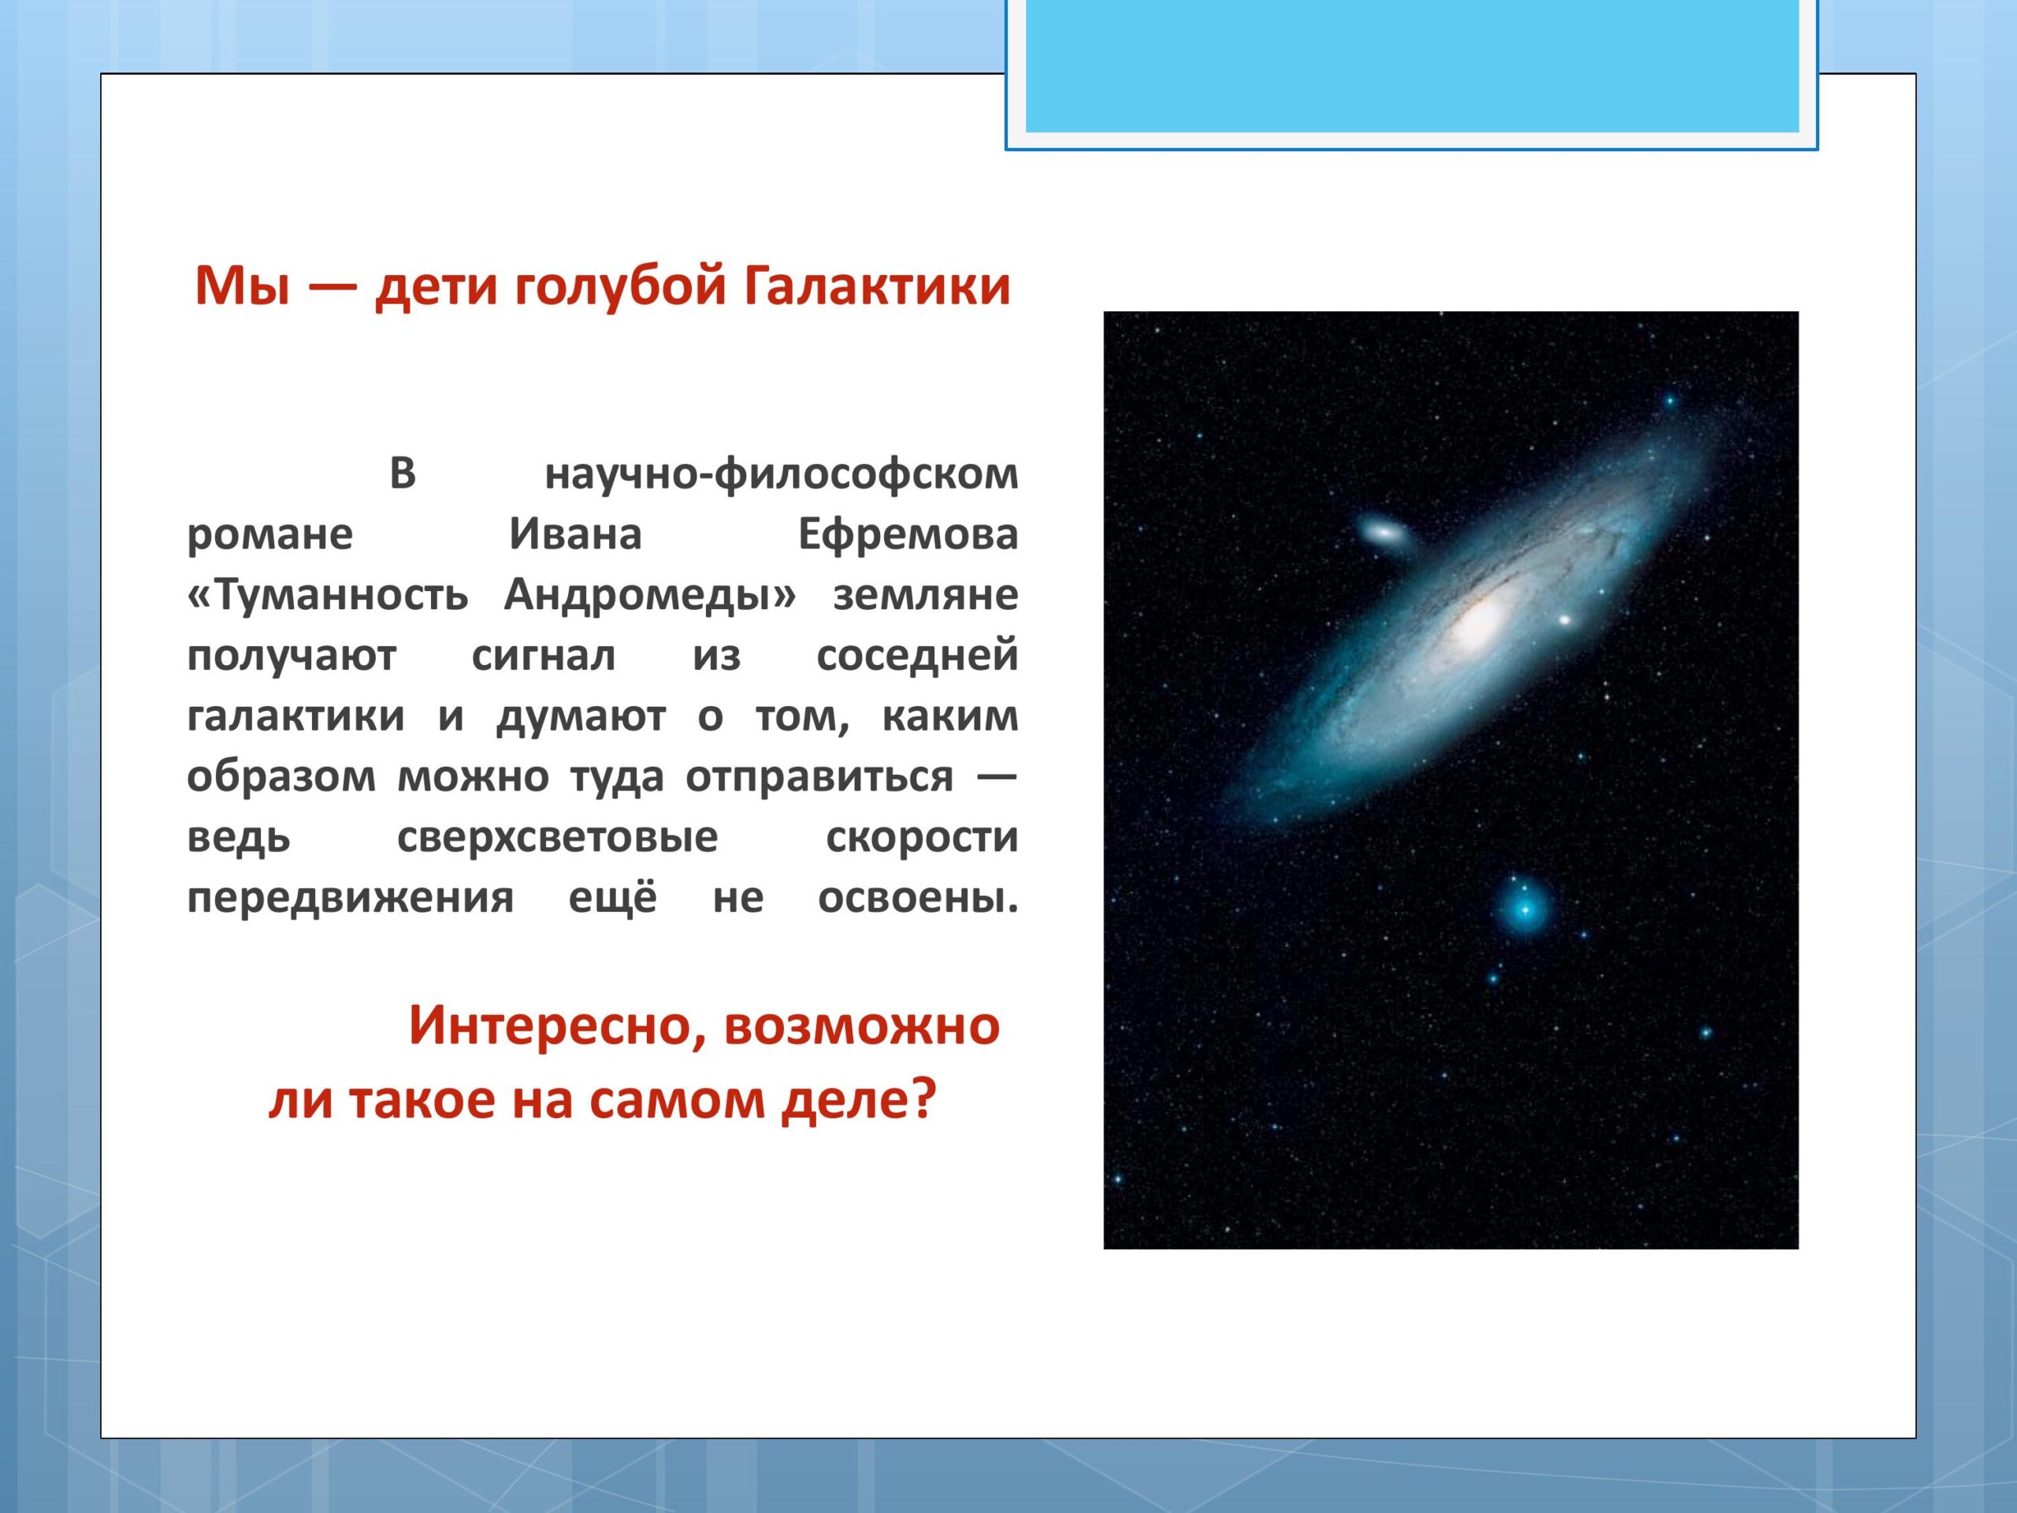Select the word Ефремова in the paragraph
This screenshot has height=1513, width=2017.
click(x=908, y=534)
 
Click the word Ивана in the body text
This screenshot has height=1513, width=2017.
click(x=575, y=534)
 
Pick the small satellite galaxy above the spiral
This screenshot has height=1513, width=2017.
click(x=1381, y=531)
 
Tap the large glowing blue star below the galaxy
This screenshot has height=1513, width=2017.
click(x=1524, y=909)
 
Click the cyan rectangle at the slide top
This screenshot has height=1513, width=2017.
click(x=1412, y=65)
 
